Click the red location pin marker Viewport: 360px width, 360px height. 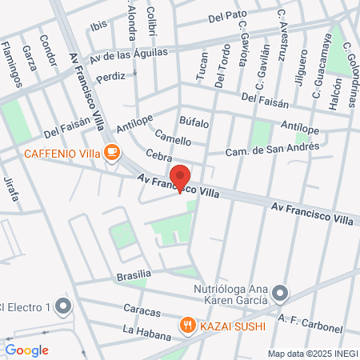click(180, 178)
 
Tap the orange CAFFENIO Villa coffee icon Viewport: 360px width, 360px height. click(112, 152)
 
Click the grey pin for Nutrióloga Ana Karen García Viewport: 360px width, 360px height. click(279, 294)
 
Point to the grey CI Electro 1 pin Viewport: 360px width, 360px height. click(64, 306)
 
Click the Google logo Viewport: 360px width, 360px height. click(26, 350)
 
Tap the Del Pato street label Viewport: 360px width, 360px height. click(226, 15)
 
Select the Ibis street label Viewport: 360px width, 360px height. click(98, 26)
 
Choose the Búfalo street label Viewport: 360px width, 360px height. click(194, 122)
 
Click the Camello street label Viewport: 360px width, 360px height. click(173, 137)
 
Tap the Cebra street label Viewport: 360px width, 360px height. click(159, 154)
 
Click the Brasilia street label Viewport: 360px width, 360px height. click(134, 275)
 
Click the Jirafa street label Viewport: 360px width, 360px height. click(11, 186)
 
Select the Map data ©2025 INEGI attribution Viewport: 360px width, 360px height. click(311, 353)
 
